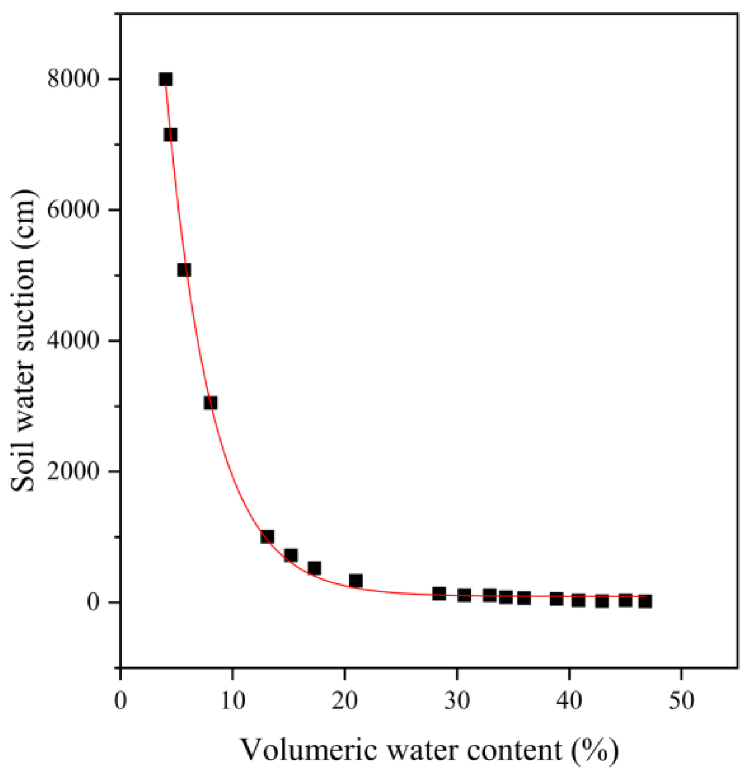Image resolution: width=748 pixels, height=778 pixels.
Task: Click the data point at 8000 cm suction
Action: (166, 79)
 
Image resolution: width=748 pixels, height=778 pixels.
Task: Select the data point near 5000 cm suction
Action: (184, 270)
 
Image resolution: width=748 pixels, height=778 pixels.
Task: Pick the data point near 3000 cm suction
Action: (211, 403)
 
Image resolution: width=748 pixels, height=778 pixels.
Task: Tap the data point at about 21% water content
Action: (356, 581)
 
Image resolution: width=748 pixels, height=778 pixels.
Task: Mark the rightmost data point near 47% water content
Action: (645, 601)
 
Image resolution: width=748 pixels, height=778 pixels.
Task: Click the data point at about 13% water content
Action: (267, 537)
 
